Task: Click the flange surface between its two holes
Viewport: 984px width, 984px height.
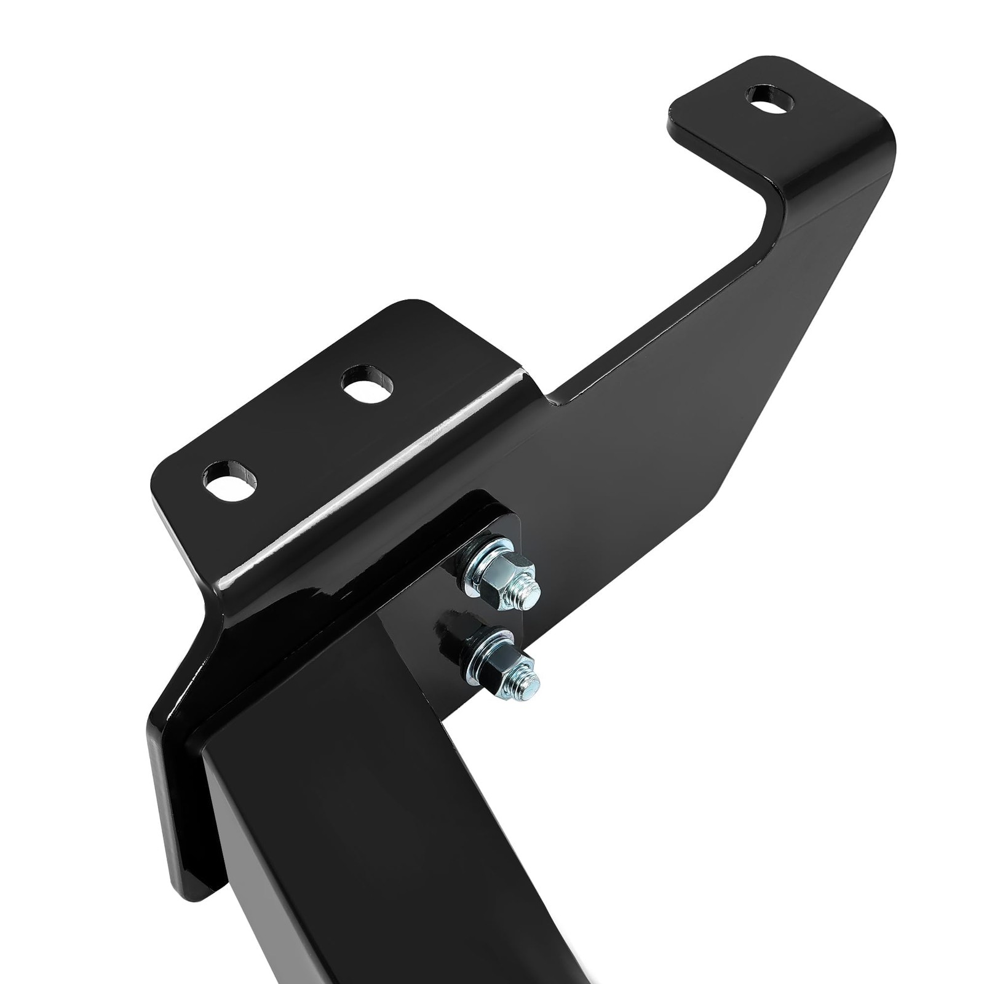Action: pyautogui.click(x=301, y=430)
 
